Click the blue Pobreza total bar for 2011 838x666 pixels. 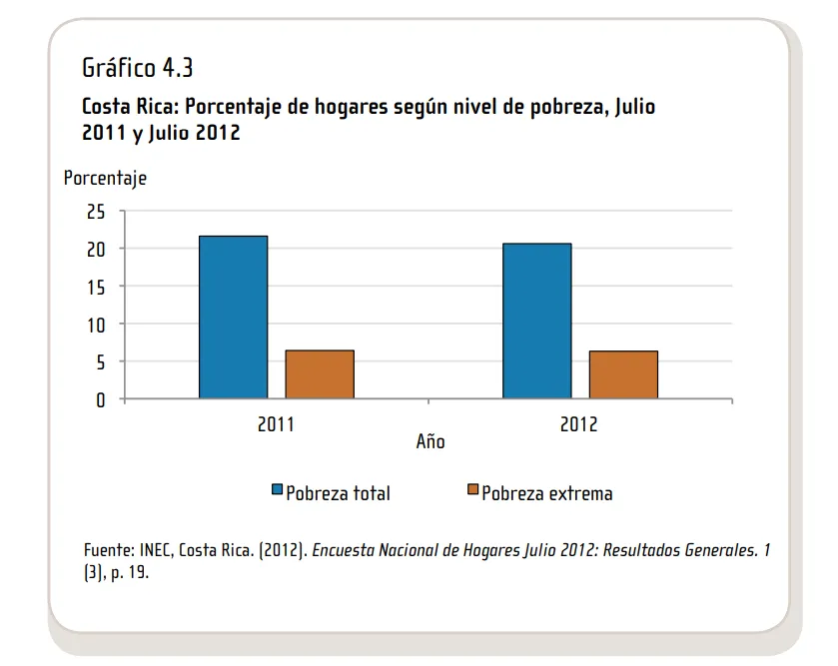pyautogui.click(x=233, y=318)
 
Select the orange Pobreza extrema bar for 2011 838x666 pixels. pyautogui.click(x=320, y=374)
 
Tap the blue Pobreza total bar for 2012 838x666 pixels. pyautogui.click(x=536, y=322)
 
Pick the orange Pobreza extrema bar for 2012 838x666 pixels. pyautogui.click(x=623, y=375)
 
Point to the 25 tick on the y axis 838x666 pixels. pyautogui.click(x=96, y=212)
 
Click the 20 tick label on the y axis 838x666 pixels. pyautogui.click(x=96, y=250)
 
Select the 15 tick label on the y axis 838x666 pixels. pyautogui.click(x=96, y=288)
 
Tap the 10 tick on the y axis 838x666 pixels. pyautogui.click(x=96, y=325)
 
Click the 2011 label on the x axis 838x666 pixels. pyautogui.click(x=276, y=424)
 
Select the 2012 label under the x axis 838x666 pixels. pyautogui.click(x=579, y=424)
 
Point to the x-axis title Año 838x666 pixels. pyautogui.click(x=430, y=441)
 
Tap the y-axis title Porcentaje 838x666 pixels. pyautogui.click(x=105, y=179)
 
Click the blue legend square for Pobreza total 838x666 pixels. pyautogui.click(x=278, y=490)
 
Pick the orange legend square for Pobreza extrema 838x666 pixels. pyautogui.click(x=473, y=490)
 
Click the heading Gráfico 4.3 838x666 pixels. pyautogui.click(x=137, y=69)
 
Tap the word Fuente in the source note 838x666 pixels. pyautogui.click(x=107, y=551)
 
